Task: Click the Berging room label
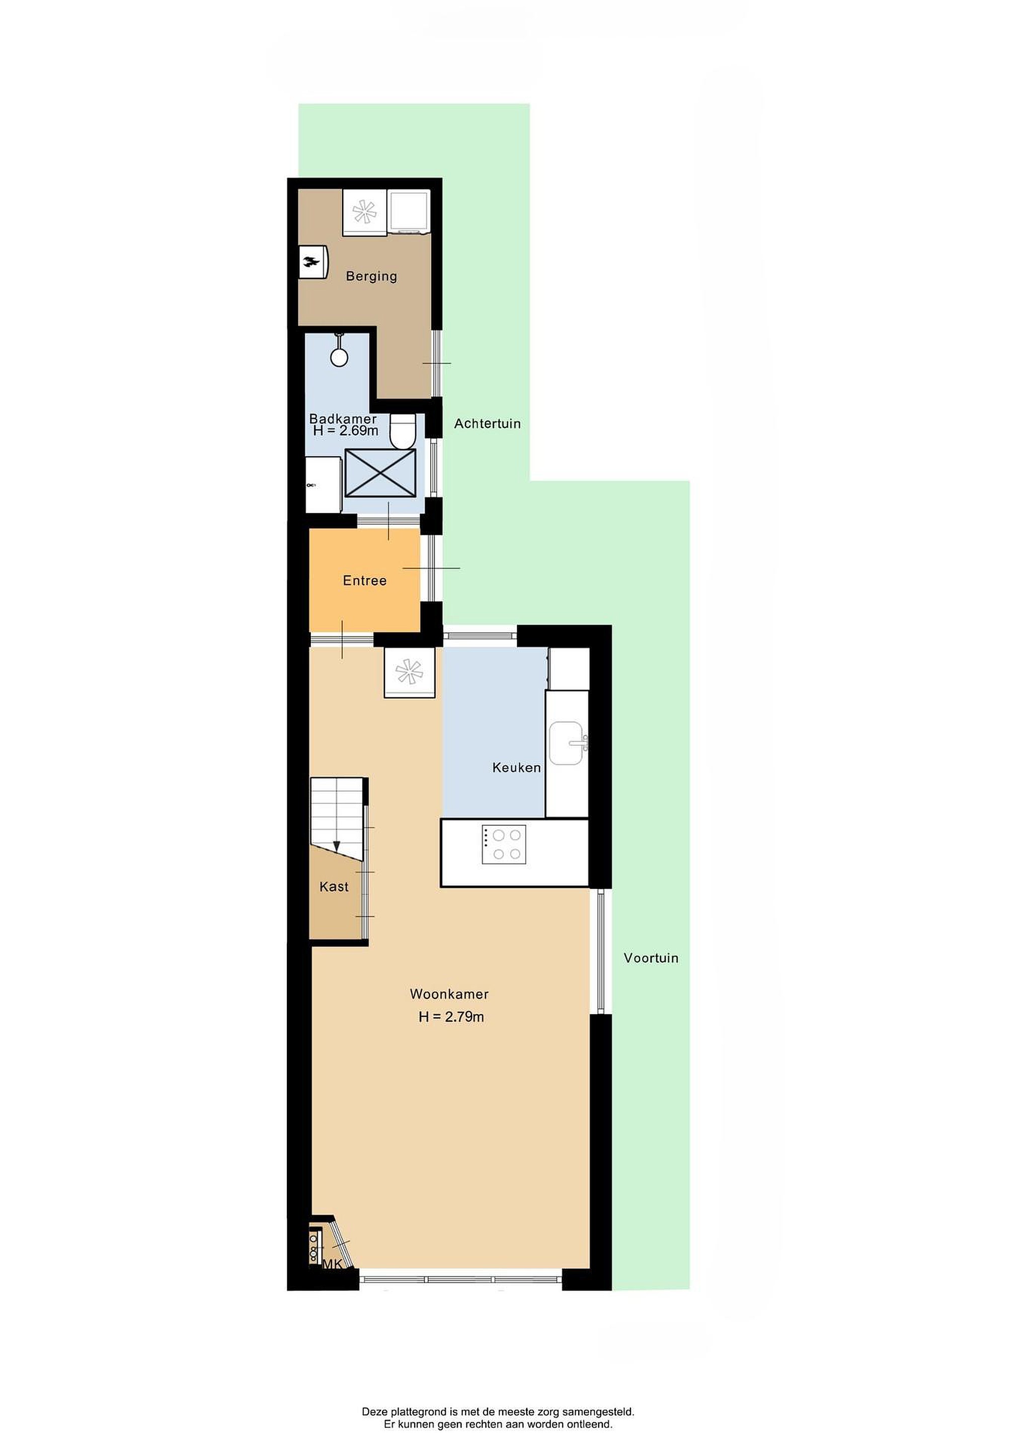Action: coord(371,276)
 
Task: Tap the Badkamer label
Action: coord(343,419)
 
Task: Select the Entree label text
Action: coord(365,581)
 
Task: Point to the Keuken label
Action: coord(516,767)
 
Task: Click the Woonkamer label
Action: coord(449,994)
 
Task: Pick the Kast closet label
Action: coord(334,887)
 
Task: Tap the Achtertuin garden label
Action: coord(487,424)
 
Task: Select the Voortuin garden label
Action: coord(651,958)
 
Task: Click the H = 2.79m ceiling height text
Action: coord(451,1017)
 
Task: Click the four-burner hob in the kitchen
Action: coord(504,844)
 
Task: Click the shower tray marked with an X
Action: coord(380,473)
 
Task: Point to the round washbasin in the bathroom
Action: coord(340,357)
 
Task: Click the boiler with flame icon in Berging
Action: coord(313,261)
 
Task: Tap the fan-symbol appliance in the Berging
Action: coord(365,211)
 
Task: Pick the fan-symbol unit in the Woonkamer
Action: coord(409,672)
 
